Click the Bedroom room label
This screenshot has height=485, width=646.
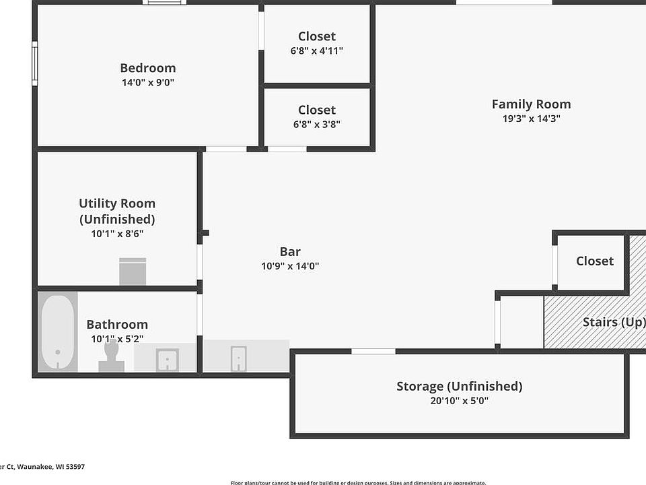pos(148,68)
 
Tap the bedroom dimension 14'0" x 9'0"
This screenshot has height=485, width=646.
pos(148,83)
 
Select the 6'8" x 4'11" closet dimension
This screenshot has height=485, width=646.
pos(317,51)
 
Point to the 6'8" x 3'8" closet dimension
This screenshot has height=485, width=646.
pos(317,124)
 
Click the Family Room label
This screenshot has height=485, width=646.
pos(531,104)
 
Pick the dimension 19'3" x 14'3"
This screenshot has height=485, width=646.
pos(531,119)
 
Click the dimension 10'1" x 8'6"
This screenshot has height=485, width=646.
pos(117,234)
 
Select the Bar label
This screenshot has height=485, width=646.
pos(290,252)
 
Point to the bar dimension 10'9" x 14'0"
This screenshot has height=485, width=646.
pos(290,266)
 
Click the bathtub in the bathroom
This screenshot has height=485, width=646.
pos(57,331)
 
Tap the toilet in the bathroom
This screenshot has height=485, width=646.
pos(112,358)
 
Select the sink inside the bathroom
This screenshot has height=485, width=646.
pos(166,360)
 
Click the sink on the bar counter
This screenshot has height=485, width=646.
pos(238,358)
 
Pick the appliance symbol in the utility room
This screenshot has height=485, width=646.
pos(133,271)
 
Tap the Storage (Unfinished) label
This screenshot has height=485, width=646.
pos(459,387)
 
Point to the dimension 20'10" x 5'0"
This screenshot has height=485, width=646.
pos(459,401)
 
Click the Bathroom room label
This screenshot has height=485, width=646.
pos(117,325)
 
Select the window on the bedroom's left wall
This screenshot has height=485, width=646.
pos(35,63)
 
